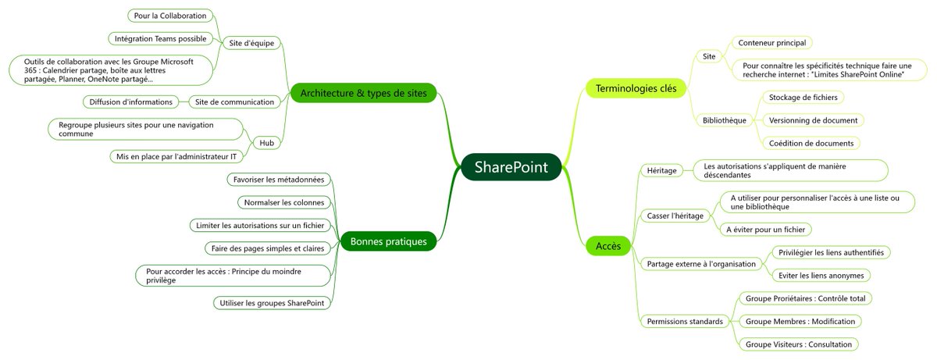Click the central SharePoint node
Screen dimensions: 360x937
[x=511, y=167]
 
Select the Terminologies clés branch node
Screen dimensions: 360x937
[x=636, y=89]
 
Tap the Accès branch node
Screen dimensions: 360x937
[x=608, y=247]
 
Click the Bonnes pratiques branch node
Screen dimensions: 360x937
[x=388, y=241]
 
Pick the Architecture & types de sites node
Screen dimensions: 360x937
[x=363, y=94]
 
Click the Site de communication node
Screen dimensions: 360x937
[x=235, y=102]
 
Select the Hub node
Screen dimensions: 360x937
[x=266, y=142]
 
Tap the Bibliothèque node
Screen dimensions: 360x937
[x=725, y=120]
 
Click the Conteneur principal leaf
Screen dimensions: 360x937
[x=771, y=42]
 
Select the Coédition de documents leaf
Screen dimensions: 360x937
[x=811, y=143]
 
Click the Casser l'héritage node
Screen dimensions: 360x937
[x=675, y=215]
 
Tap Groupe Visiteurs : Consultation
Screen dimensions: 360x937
[x=797, y=344]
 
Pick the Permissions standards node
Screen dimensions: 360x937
[x=685, y=321]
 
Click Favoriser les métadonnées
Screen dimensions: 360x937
[x=279, y=180]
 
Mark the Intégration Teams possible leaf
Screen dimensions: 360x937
[x=160, y=38]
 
